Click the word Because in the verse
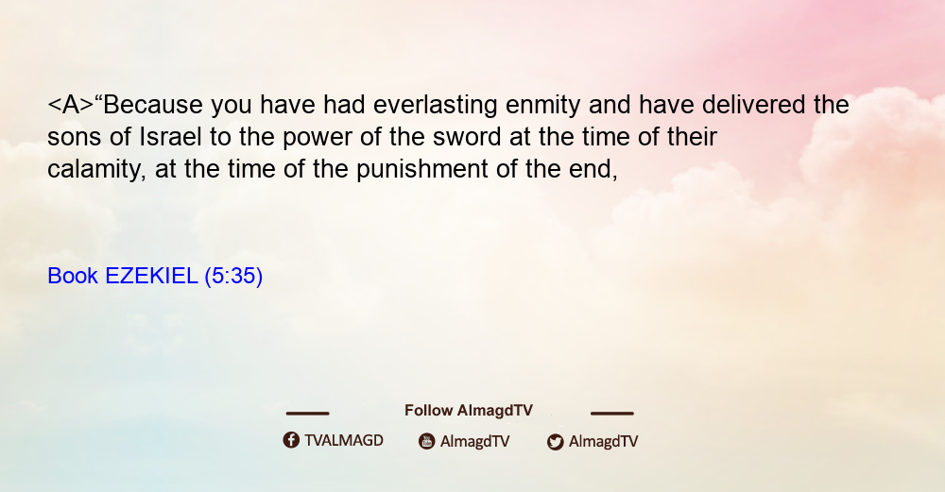tap(152, 105)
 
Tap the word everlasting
tap(435, 105)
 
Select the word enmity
tap(542, 106)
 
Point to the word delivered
tap(753, 105)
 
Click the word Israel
tap(170, 137)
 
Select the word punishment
tap(421, 170)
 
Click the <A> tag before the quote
tap(71, 105)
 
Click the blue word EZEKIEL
tap(151, 276)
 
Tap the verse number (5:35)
tap(233, 277)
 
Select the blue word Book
tap(73, 276)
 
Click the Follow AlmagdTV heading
tap(469, 411)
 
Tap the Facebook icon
tap(291, 440)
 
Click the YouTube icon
tap(427, 441)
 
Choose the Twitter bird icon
tap(556, 442)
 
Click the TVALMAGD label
tap(344, 441)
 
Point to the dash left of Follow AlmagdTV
tap(307, 414)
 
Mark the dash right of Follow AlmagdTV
tap(612, 414)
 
